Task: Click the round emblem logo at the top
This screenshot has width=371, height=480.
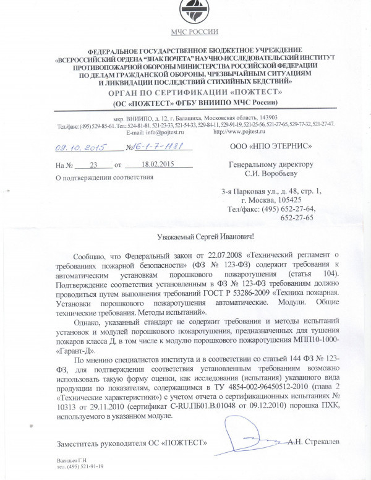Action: coord(187,15)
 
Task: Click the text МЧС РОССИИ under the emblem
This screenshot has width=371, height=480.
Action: coord(187,38)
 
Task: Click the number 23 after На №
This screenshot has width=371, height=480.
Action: coord(94,165)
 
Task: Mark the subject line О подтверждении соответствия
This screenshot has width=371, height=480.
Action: coord(103,178)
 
